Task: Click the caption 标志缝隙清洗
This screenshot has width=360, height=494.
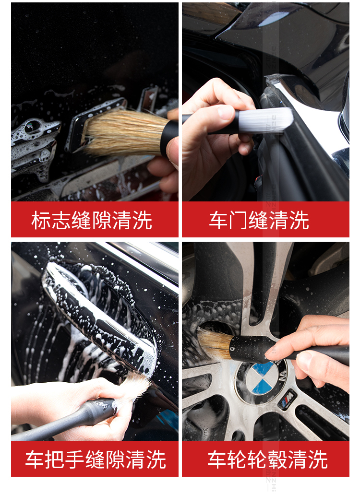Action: pyautogui.click(x=92, y=220)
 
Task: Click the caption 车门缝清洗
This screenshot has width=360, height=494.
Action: pyautogui.click(x=259, y=220)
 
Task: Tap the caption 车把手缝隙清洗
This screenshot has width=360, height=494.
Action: pyautogui.click(x=96, y=459)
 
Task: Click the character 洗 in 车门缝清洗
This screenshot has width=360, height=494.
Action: pyautogui.click(x=300, y=220)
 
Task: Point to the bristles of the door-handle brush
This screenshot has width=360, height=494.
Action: pyautogui.click(x=133, y=387)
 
